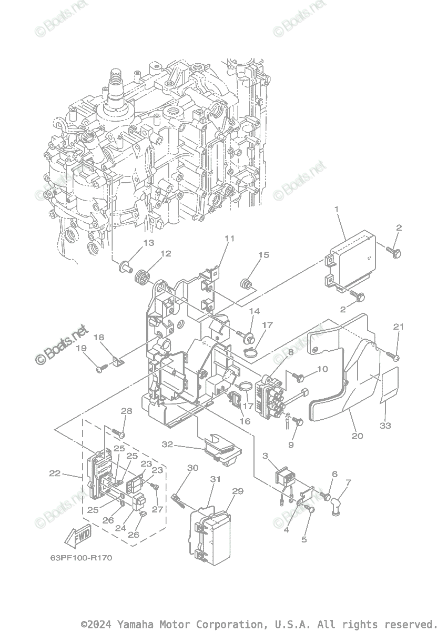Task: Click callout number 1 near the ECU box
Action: point(337,210)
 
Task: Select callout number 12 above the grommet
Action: point(166,254)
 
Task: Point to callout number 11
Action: point(229,238)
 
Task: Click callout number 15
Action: point(263,255)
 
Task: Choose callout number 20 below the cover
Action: point(357,436)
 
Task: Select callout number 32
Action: point(167,444)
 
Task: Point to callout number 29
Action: point(238,491)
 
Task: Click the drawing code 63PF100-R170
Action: point(74,557)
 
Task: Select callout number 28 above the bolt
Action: point(126,411)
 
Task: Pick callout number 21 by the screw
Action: point(399,327)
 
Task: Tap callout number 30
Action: point(193,468)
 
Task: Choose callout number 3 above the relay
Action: point(265,456)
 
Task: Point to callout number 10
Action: point(322,369)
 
